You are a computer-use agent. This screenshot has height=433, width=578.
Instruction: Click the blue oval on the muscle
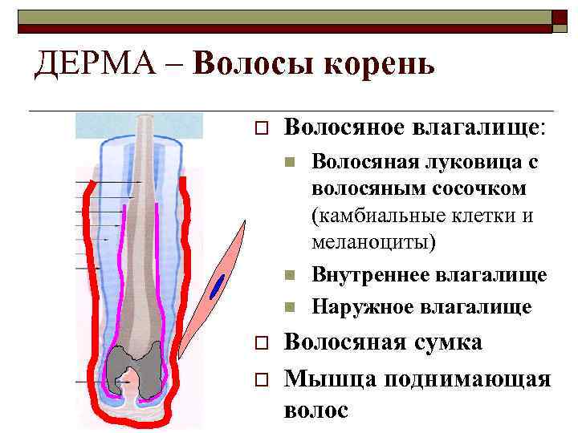[217, 285]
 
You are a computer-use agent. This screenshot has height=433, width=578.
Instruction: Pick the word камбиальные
[377, 216]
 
